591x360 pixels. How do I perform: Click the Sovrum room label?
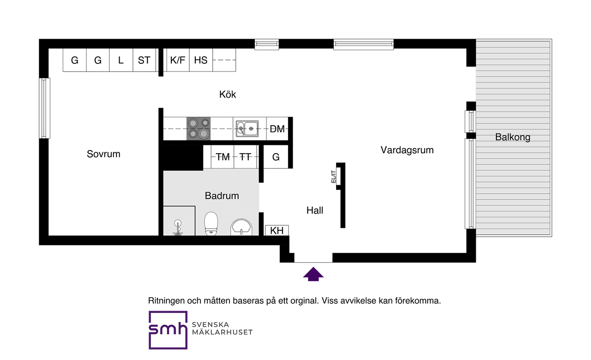103,154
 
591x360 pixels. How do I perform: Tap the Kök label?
228,95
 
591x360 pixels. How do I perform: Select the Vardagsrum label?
407,150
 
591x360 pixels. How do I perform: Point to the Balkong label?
513,137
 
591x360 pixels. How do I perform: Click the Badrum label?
222,196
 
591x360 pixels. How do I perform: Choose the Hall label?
315,210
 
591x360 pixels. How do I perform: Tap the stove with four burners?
199,129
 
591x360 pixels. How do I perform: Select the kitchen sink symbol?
247,129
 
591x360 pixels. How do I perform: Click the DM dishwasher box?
277,129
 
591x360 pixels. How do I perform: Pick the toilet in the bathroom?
211,223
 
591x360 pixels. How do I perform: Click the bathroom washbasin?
241,227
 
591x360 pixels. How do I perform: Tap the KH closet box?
277,230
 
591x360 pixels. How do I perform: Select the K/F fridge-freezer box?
178,60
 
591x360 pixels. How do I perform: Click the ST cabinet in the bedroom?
144,60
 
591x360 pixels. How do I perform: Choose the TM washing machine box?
223,157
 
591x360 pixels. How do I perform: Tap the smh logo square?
168,330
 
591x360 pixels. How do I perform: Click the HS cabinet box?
201,60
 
